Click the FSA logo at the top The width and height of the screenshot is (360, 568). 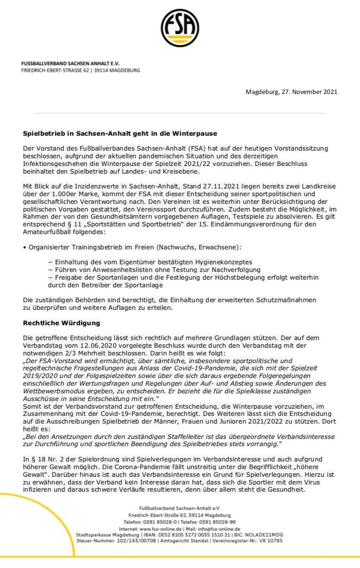click(x=180, y=28)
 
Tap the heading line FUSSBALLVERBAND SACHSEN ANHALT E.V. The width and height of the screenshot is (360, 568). click(x=71, y=64)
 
